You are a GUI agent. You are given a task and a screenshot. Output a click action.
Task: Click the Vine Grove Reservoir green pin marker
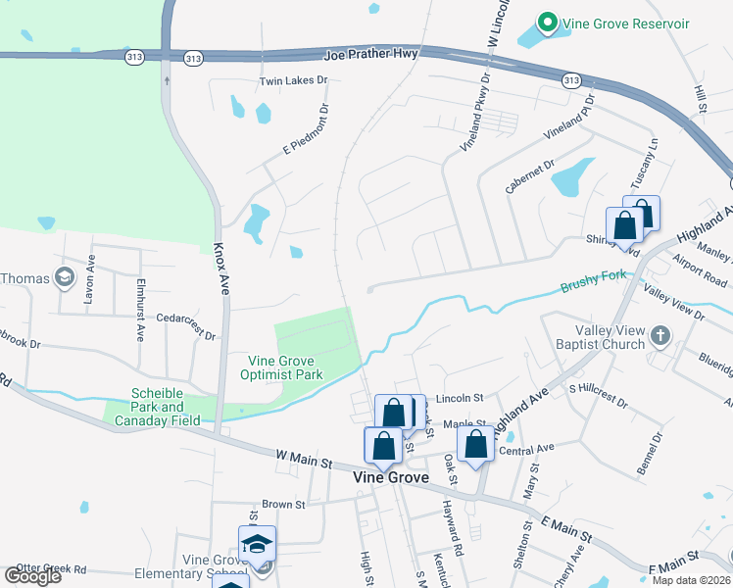(547, 23)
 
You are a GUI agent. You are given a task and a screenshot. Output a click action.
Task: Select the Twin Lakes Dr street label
(292, 80)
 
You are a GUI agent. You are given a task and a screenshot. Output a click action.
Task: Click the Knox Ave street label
(222, 269)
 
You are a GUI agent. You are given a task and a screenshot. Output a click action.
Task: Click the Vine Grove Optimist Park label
(282, 367)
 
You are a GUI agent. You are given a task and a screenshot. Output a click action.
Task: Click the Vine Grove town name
(390, 477)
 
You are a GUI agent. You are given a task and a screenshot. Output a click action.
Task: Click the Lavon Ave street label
(88, 290)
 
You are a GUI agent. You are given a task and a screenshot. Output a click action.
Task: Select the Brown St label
(284, 504)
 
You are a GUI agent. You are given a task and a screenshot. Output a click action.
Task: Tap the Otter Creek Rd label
(51, 568)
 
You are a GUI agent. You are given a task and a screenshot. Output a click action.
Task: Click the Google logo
(32, 576)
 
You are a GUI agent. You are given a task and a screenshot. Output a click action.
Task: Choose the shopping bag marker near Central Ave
(475, 443)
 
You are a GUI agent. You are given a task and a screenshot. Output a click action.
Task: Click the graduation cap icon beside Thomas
(66, 278)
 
